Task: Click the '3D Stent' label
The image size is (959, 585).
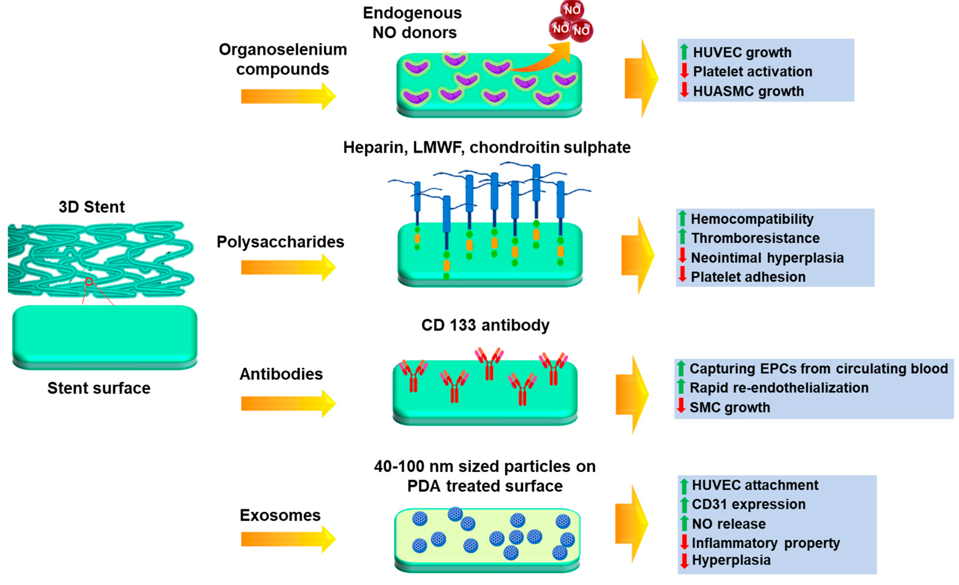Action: [x=92, y=207]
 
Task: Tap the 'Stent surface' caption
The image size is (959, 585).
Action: [x=99, y=388]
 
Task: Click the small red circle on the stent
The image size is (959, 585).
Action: [x=89, y=281]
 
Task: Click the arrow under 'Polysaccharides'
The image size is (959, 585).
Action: [x=288, y=267]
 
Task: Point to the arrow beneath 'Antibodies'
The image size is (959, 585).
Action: [x=288, y=404]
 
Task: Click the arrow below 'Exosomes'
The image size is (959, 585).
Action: [x=288, y=539]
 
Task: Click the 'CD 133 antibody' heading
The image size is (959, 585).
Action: [x=485, y=325]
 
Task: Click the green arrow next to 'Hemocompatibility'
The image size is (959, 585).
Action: [x=682, y=218]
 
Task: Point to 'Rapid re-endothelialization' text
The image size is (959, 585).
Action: [x=779, y=388]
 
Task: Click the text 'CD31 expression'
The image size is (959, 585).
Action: [x=748, y=504]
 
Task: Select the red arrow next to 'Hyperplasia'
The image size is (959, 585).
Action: [x=684, y=560]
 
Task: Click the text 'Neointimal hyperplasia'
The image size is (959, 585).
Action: [x=767, y=258]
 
